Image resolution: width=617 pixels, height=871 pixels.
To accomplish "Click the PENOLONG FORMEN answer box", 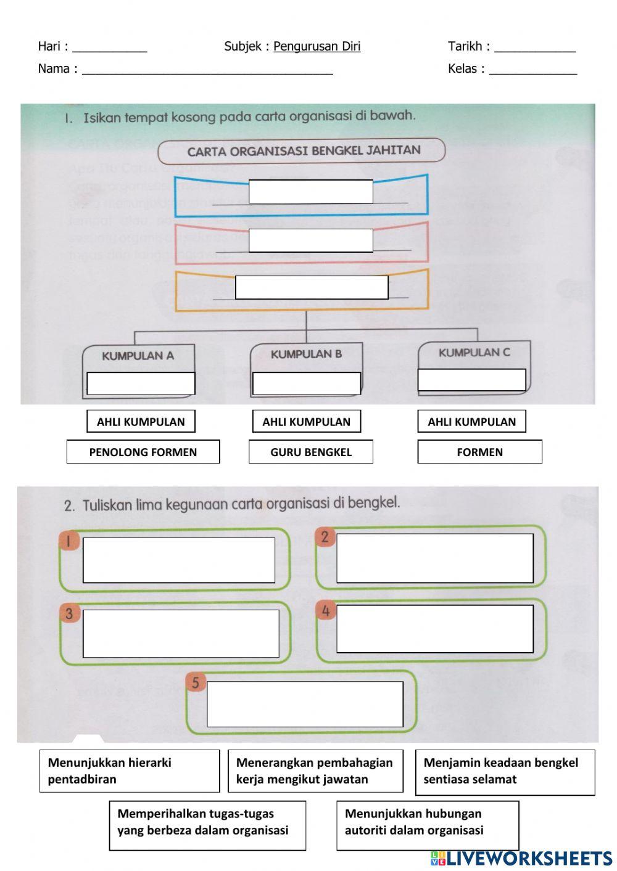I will (143, 452).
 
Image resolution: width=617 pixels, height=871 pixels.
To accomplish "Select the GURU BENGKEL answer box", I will (310, 452).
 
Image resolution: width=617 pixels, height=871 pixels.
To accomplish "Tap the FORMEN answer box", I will (479, 452).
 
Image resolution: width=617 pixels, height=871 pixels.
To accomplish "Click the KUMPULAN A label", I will (138, 356).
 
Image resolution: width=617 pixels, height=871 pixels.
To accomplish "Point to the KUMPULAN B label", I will (306, 354).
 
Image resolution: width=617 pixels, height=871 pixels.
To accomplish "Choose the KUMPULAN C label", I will (474, 353).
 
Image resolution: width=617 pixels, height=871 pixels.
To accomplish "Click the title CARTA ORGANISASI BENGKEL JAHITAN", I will (304, 150).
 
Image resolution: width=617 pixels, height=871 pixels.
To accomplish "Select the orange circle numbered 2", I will (325, 537).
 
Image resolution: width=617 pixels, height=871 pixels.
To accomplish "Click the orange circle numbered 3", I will (69, 613).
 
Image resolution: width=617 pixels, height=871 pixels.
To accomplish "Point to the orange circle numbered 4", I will (326, 611).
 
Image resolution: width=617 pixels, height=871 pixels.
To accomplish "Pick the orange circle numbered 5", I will (196, 682).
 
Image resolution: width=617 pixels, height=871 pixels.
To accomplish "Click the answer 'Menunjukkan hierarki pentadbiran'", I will (130, 771).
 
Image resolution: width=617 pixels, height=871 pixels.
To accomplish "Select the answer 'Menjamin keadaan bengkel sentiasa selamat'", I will (505, 771).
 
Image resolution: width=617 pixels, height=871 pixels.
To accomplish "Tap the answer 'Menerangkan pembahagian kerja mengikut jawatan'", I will (315, 771).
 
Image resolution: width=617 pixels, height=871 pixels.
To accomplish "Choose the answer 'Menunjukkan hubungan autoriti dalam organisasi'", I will (427, 822).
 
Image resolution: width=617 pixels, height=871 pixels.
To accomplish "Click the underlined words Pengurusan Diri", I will (317, 46).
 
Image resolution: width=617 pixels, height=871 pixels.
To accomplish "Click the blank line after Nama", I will (207, 69).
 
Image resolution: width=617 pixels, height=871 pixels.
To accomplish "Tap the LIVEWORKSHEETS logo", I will (521, 858).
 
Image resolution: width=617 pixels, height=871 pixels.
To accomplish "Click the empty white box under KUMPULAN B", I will (307, 383).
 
